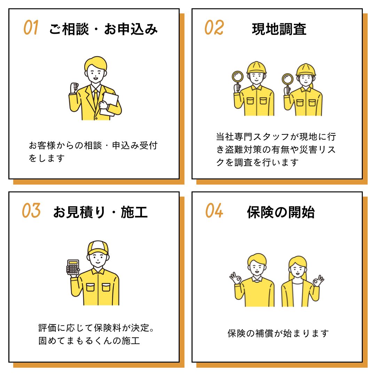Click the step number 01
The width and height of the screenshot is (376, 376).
click(31, 28)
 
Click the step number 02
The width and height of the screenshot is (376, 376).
click(214, 28)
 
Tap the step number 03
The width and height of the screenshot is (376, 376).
click(31, 211)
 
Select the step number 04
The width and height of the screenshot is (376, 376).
click(214, 211)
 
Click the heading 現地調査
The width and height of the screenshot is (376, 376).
click(279, 29)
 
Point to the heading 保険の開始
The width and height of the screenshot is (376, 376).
click(281, 212)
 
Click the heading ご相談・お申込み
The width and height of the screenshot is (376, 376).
click(103, 29)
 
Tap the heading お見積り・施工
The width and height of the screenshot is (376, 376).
click(101, 212)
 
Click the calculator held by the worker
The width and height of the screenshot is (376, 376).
click(73, 267)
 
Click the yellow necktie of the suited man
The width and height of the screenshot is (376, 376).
click(96, 98)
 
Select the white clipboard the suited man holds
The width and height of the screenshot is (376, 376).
click(109, 104)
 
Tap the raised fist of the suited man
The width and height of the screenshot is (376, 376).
click(74, 88)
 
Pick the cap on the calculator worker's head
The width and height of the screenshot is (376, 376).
click(98, 248)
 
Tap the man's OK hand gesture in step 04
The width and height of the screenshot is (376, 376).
click(235, 278)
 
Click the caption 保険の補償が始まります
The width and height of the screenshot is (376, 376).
click(278, 333)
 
